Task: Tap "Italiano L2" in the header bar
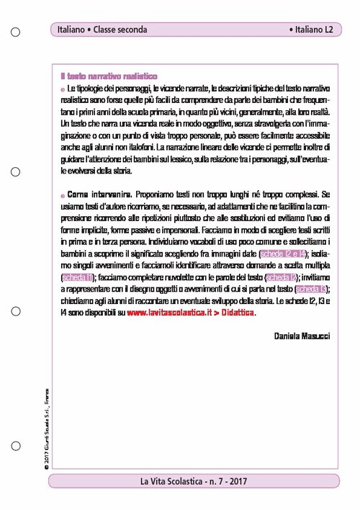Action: coord(310,30)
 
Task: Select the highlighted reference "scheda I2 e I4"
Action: coord(282,255)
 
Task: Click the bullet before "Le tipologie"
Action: coord(63,89)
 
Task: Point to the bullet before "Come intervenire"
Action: coord(63,195)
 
